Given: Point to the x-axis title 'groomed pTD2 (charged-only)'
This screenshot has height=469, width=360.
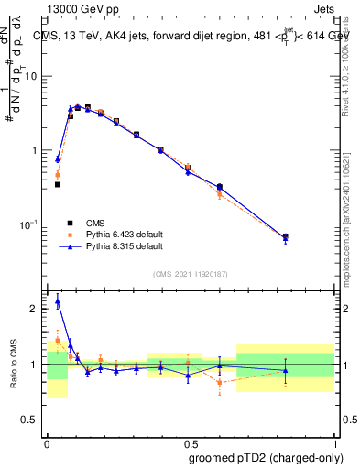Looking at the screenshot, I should [x=266, y=457].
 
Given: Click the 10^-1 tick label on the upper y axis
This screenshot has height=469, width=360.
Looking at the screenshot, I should [x=32, y=224].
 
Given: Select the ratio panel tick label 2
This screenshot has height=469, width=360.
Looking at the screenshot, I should [x=37, y=309].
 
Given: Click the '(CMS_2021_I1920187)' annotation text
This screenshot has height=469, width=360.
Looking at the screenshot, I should [x=190, y=274].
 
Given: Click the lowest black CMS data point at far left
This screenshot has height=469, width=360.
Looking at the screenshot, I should [x=57, y=184].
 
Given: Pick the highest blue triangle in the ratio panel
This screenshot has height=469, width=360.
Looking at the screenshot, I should [x=58, y=300].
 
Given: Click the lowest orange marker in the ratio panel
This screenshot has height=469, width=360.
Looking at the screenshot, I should [x=220, y=383].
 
